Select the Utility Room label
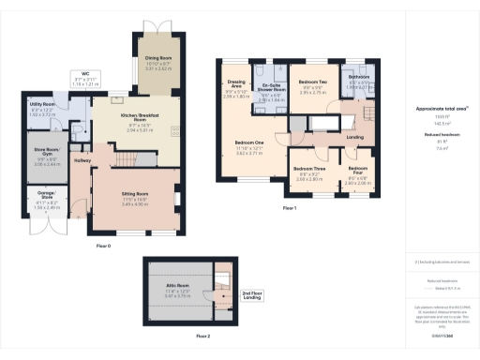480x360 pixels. pyautogui.click(x=44, y=107)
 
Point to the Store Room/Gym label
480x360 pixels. pyautogui.click(x=47, y=145)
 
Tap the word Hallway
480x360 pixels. pyautogui.click(x=82, y=160)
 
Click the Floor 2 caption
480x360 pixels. pyautogui.click(x=202, y=335)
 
